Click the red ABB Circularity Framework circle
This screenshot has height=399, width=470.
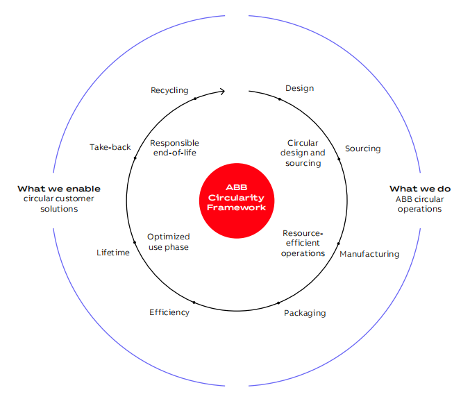tap(236, 198)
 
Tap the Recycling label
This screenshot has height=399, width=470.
tap(169, 91)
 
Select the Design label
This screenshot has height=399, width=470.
tap(299, 88)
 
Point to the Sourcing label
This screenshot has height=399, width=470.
tap(362, 148)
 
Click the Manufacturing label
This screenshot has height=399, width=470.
tap(369, 254)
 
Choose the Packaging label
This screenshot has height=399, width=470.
tap(304, 313)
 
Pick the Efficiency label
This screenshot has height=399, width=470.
tap(169, 312)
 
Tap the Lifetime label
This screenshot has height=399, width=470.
tap(112, 253)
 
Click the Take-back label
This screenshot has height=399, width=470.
tap(110, 147)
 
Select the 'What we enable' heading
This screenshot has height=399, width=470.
tap(59, 189)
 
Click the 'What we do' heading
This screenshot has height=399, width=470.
tap(419, 189)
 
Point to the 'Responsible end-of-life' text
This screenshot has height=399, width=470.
tap(174, 148)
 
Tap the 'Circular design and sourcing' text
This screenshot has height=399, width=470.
tap(303, 153)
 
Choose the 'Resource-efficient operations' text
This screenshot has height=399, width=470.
tap(303, 243)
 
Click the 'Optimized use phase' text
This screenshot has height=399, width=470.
tap(168, 241)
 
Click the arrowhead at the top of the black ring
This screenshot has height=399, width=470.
tap(222, 91)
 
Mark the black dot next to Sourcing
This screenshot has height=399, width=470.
tap(339, 160)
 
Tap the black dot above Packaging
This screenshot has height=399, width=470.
tap(279, 303)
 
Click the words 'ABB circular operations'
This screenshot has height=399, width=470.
tap(419, 204)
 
